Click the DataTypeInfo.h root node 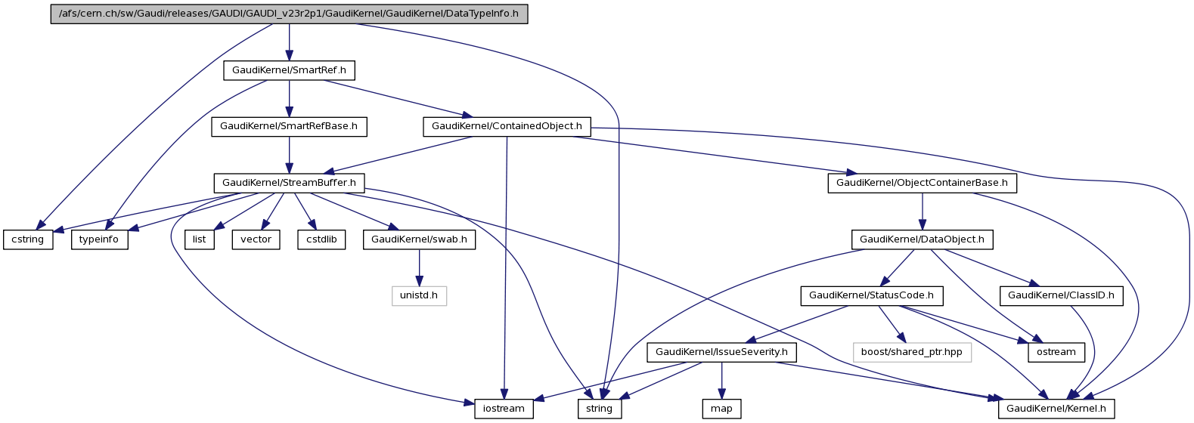289,14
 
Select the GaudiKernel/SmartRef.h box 289,70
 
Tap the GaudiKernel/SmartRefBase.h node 289,126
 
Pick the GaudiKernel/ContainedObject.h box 507,126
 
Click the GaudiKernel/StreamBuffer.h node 289,183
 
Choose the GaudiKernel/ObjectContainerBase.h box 922,183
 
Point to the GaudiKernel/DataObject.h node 922,239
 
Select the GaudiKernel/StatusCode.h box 871,295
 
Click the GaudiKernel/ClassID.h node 1061,295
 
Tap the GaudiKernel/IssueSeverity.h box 721,352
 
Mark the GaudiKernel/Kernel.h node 1056,409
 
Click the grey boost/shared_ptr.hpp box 911,352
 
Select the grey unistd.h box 419,295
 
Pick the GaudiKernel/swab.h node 419,239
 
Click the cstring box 28,239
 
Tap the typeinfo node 100,239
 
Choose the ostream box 1056,352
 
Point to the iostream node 504,409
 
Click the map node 721,409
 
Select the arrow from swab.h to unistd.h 419,267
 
